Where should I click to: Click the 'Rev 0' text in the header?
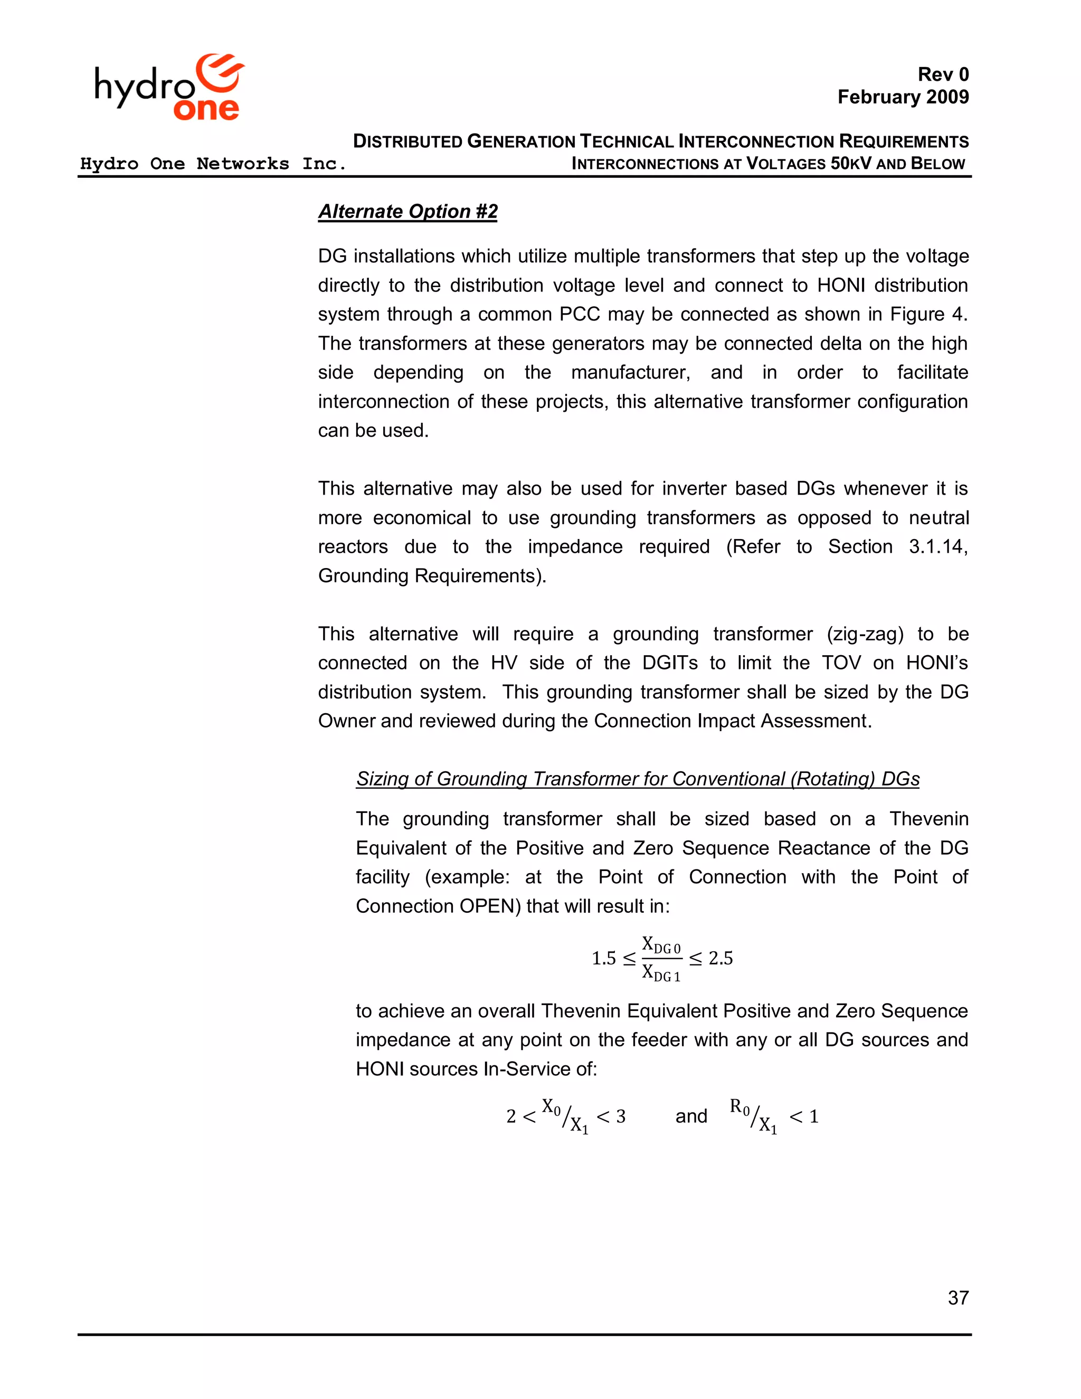point(943,75)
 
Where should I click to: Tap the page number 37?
point(958,1298)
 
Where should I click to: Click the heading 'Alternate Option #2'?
point(408,211)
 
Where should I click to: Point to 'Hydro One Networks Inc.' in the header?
point(213,164)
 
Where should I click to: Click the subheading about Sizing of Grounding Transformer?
point(637,779)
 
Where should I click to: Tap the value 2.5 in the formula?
point(720,958)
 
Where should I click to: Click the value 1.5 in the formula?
point(603,958)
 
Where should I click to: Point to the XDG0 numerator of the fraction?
point(661,945)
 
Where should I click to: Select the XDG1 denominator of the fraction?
point(661,973)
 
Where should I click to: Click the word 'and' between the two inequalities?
point(691,1116)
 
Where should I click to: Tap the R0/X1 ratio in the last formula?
point(754,1116)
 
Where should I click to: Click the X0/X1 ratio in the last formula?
point(565,1116)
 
